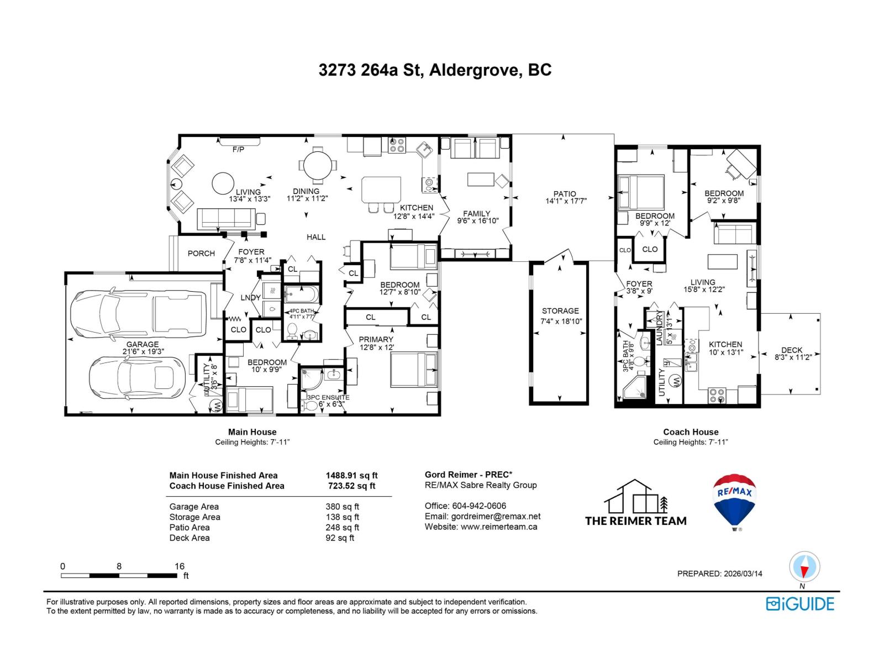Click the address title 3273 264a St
pyautogui.click(x=435, y=71)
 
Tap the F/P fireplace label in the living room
pyautogui.click(x=238, y=149)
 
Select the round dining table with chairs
pyautogui.click(x=317, y=165)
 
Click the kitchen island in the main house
pyautogui.click(x=381, y=190)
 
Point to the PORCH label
pyautogui.click(x=201, y=254)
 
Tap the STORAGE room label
pyautogui.click(x=560, y=311)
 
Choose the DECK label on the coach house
pyautogui.click(x=792, y=350)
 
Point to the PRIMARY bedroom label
pyautogui.click(x=376, y=339)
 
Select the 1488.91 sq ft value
pyautogui.click(x=351, y=475)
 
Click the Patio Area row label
pyautogui.click(x=190, y=528)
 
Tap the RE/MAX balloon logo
pyautogui.click(x=735, y=501)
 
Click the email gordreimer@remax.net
pyautogui.click(x=482, y=516)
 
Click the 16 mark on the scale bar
pyautogui.click(x=179, y=566)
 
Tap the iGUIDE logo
pyautogui.click(x=800, y=604)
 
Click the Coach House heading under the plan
pyautogui.click(x=691, y=432)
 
